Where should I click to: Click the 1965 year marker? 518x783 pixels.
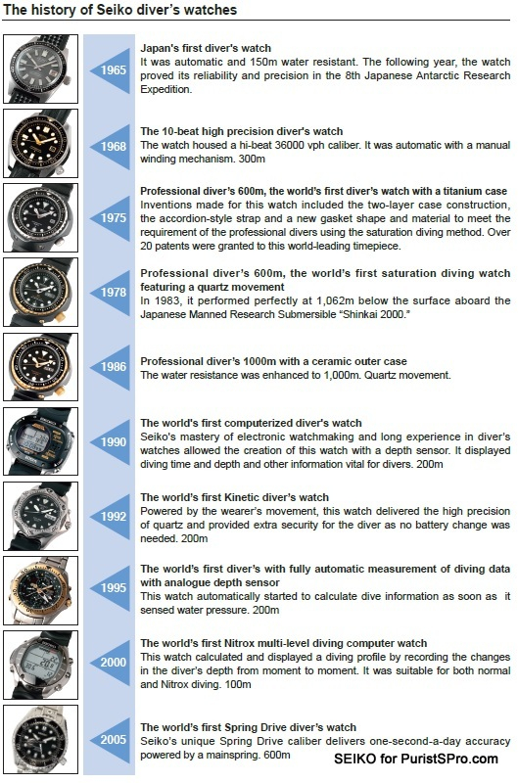tap(113, 69)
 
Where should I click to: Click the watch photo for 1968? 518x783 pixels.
tap(40, 143)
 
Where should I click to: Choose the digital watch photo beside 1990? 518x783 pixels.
tap(40, 441)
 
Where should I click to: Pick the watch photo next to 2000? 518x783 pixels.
tap(40, 665)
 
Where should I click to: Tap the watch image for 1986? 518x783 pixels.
tap(40, 367)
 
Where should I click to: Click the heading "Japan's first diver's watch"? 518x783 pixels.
tap(206, 48)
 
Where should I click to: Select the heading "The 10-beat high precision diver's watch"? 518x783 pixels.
tap(241, 131)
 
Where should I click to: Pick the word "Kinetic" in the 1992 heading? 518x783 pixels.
tap(245, 497)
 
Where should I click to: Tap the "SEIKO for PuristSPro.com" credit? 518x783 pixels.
tap(415, 760)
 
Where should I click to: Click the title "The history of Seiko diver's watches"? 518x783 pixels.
tap(119, 10)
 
